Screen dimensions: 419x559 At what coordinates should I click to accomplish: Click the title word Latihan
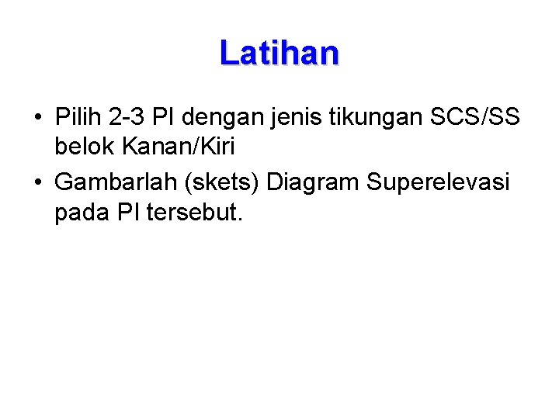[x=279, y=53]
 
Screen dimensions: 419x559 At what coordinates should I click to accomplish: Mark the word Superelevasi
[x=438, y=182]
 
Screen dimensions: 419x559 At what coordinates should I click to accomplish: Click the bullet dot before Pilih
[x=37, y=119]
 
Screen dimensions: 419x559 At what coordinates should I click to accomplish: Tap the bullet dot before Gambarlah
[x=37, y=183]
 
